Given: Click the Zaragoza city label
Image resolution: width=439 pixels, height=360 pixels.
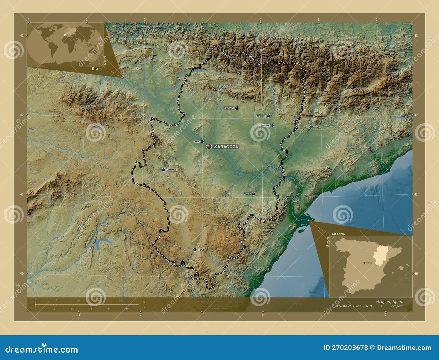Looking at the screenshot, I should point(226,147).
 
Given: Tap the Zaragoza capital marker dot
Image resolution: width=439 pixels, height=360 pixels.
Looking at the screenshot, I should point(209,146).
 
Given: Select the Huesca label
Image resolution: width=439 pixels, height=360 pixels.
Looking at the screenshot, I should point(229,108).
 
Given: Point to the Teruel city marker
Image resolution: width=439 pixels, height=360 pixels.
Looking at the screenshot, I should point(195,250).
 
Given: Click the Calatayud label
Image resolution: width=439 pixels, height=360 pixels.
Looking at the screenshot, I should point(171,170).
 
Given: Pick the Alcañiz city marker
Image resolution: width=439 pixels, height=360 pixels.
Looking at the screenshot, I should point(254,194).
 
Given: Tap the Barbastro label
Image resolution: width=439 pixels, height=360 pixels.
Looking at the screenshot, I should point(261,116).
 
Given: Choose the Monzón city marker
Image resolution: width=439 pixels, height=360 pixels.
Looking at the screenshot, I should point(272,126).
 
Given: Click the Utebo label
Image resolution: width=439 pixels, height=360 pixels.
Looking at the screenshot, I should point(196,141).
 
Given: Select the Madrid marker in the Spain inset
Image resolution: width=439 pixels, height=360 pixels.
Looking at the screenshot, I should point(364,263).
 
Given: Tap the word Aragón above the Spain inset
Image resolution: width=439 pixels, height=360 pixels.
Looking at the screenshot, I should point(338,234).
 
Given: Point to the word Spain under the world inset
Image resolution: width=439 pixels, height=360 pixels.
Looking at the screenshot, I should point(97,69).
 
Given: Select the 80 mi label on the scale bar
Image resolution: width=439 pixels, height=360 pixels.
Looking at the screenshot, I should point(127,308).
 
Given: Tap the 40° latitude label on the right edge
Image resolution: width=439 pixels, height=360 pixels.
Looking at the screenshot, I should point(416,274).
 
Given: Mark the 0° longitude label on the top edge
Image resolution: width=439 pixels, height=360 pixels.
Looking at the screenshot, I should point(260,19).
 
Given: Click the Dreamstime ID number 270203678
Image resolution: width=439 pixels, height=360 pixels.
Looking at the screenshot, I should point(345,348).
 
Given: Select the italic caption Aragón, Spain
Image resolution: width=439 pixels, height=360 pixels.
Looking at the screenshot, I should point(390,302).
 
